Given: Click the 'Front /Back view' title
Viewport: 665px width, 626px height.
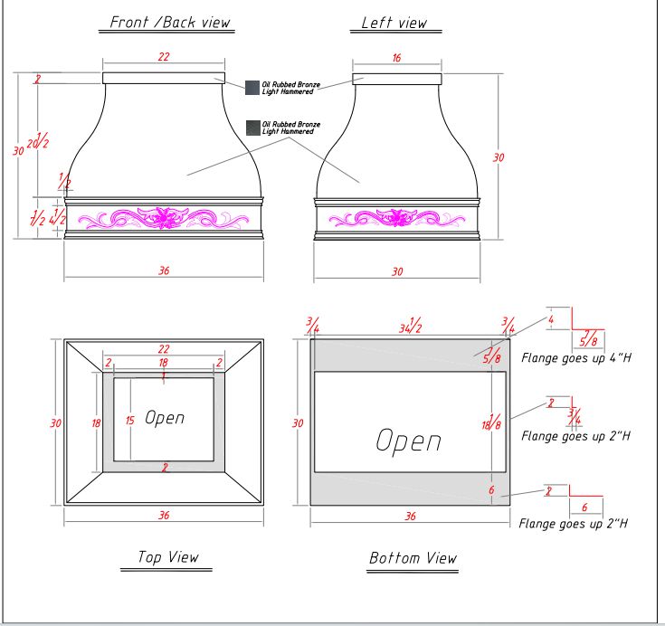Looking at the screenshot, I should (170, 23).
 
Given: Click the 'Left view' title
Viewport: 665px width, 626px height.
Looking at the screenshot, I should (394, 24).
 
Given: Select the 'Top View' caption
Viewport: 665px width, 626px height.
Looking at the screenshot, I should (167, 557).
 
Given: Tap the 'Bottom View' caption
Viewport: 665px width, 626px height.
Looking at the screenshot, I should (413, 558).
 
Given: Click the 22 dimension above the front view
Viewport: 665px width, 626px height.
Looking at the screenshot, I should (164, 57).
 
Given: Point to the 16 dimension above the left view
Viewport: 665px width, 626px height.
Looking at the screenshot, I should (396, 57).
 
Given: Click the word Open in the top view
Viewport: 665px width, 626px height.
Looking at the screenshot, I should (165, 418).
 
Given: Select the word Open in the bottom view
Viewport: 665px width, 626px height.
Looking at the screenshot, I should (408, 441).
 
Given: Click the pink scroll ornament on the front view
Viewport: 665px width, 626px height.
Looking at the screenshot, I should (164, 218).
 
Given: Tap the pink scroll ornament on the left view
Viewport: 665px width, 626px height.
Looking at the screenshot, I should (395, 218).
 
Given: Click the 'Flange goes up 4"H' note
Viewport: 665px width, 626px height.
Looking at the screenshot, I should (575, 358).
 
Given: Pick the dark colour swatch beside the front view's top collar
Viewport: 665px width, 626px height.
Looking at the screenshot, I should (252, 88).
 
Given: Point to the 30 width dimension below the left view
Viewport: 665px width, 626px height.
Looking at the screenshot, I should (396, 271).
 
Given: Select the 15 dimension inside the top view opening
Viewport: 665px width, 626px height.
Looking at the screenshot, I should (130, 420).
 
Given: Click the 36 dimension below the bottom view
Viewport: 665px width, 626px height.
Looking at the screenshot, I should (409, 517).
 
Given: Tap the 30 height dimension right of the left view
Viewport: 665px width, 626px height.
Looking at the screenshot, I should (498, 157).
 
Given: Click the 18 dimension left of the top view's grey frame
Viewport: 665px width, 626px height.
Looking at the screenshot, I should (96, 422).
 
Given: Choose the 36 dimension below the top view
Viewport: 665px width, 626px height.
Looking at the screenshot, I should (164, 516).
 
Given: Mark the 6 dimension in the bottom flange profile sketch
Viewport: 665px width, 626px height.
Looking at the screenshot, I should (585, 507).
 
